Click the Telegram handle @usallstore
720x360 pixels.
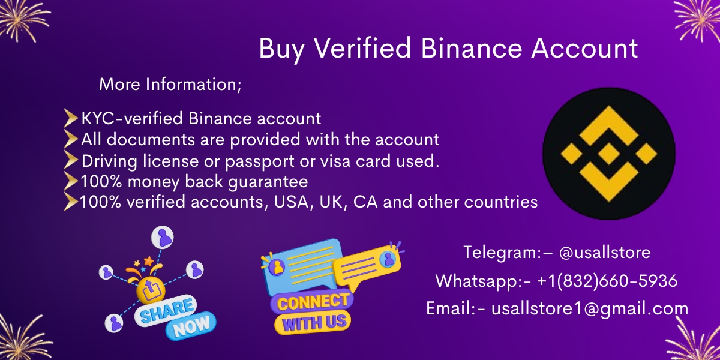(604, 253)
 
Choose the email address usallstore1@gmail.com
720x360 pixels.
(589, 309)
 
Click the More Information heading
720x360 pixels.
(170, 85)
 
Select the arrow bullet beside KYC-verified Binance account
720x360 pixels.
(71, 119)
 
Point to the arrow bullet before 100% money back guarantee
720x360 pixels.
(71, 181)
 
